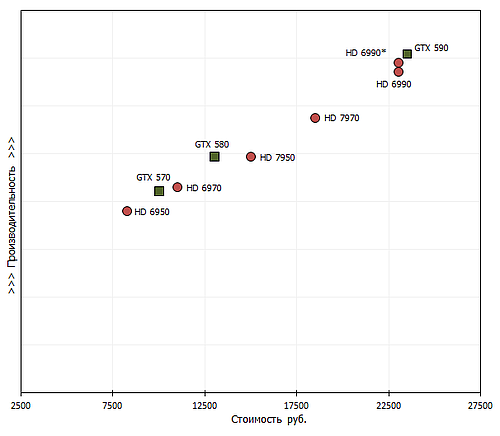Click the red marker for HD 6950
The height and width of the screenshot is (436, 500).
[x=127, y=211]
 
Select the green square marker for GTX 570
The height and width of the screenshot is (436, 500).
[x=159, y=191]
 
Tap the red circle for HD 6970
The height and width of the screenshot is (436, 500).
[x=178, y=187]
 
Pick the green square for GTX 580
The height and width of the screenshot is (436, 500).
[x=214, y=156]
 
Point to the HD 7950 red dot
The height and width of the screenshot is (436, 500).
[x=251, y=156]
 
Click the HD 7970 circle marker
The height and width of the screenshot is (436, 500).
[x=315, y=118]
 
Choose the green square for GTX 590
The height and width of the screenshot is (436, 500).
[x=407, y=54]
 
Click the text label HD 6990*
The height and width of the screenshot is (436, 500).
[x=365, y=53]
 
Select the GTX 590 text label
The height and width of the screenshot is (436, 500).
[x=432, y=47]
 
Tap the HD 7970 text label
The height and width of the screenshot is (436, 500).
[x=342, y=119]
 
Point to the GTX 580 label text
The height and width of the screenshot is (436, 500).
[x=211, y=144]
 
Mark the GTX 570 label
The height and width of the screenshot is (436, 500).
[x=153, y=177]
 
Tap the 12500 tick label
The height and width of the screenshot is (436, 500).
[x=204, y=405]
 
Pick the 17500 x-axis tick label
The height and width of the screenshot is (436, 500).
[x=296, y=405]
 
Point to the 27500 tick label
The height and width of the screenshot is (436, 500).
[x=480, y=405]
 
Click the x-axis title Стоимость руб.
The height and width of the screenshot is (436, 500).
[x=269, y=420]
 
